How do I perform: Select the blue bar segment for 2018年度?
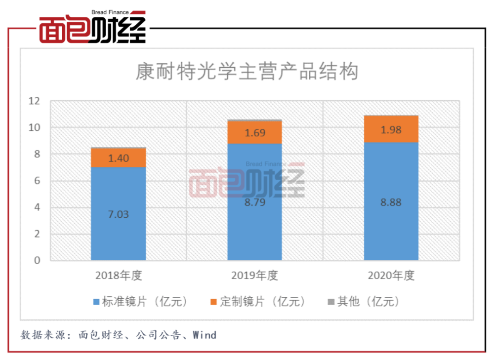(x=119, y=213)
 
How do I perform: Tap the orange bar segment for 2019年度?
(x=254, y=132)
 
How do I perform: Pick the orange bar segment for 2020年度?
(x=391, y=129)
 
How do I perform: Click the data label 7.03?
(x=119, y=214)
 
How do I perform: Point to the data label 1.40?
(x=119, y=158)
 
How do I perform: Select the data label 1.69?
(x=255, y=133)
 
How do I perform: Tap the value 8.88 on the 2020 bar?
(x=391, y=202)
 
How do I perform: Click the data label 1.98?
(x=391, y=130)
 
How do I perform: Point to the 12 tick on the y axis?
(x=35, y=101)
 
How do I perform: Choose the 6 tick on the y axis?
(x=37, y=181)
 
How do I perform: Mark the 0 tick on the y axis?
(x=37, y=260)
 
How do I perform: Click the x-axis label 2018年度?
(x=119, y=276)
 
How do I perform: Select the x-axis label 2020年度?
(x=391, y=276)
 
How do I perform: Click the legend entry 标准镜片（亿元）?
(x=140, y=302)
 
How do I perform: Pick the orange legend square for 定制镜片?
(x=213, y=302)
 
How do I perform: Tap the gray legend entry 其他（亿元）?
(x=364, y=302)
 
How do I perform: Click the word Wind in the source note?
(x=205, y=335)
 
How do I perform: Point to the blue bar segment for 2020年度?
(x=391, y=201)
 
